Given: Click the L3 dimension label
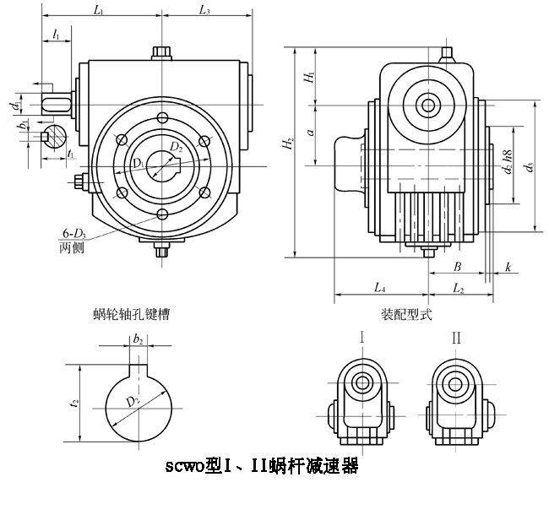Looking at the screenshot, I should pyautogui.click(x=204, y=10).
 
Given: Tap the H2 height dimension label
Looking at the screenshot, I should pyautogui.click(x=289, y=144).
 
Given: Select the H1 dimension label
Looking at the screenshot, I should pyautogui.click(x=310, y=79).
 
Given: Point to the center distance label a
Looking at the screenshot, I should pyautogui.click(x=311, y=133).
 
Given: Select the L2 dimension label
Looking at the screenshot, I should pyautogui.click(x=457, y=289).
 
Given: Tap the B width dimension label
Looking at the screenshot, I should pyautogui.click(x=456, y=266).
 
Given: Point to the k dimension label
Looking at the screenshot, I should pyautogui.click(x=508, y=266).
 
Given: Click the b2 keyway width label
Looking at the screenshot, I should pyautogui.click(x=138, y=339).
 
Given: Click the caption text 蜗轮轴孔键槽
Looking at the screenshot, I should pyautogui.click(x=131, y=314).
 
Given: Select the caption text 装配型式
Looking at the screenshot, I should pyautogui.click(x=406, y=314).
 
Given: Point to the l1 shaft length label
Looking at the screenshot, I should pyautogui.click(x=56, y=35).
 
